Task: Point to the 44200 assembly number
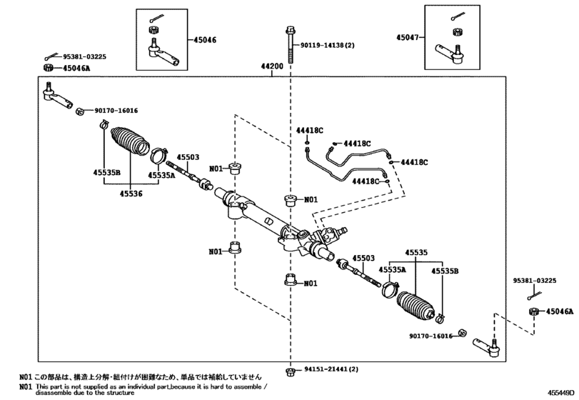pos(273,67)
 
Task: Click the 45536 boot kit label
pos(131,193)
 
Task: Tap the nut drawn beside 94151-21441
pos(290,371)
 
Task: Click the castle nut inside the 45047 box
pos(455,32)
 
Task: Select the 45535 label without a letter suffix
pos(416,252)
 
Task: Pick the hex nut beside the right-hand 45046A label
pos(533,311)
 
